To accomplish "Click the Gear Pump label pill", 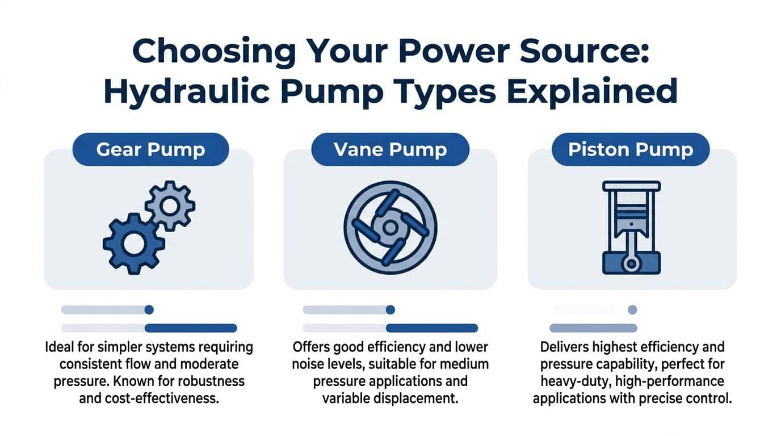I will [x=151, y=149].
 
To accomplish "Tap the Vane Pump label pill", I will [x=390, y=149].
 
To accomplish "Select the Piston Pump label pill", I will [x=631, y=149].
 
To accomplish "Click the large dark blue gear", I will [x=134, y=244].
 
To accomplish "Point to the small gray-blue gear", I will [x=170, y=205].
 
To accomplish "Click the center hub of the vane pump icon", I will [x=390, y=227].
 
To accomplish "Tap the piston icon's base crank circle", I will [x=631, y=263].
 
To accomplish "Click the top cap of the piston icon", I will [x=631, y=186].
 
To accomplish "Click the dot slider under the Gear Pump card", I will [x=149, y=310].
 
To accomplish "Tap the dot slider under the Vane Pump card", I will [x=390, y=310].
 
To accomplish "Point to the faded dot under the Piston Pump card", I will [x=632, y=310].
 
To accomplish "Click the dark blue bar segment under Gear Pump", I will [x=191, y=328].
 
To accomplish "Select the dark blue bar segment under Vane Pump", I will [x=431, y=328].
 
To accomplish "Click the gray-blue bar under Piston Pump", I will [x=593, y=328].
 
